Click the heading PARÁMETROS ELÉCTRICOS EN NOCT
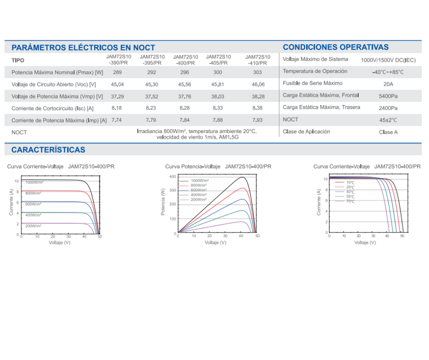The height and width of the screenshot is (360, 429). tap(83, 48)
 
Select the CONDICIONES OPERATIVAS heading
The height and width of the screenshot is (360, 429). tap(336, 47)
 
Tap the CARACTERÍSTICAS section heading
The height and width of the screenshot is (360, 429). tap(48, 150)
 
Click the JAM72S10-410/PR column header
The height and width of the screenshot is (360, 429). tap(257, 60)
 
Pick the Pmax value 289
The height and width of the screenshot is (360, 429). tap(117, 72)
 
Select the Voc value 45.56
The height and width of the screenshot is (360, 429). tap(185, 85)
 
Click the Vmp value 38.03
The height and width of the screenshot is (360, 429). tap(218, 96)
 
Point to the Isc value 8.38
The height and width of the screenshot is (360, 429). tap(257, 108)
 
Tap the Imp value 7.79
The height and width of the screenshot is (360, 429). tap(151, 120)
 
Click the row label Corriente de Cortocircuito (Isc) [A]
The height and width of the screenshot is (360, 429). tap(52, 108)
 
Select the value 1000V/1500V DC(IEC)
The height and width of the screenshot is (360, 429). tap(388, 60)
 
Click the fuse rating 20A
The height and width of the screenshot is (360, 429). tap(388, 84)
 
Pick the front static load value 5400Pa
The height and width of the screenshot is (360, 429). tap(388, 96)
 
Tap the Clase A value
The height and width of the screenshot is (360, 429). tap(388, 132)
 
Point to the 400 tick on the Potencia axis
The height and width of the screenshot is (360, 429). tap(173, 177)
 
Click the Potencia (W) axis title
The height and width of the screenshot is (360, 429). tap(163, 201)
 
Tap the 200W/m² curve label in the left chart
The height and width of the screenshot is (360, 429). tap(33, 226)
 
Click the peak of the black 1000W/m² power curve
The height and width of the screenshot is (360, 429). tap(242, 177)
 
